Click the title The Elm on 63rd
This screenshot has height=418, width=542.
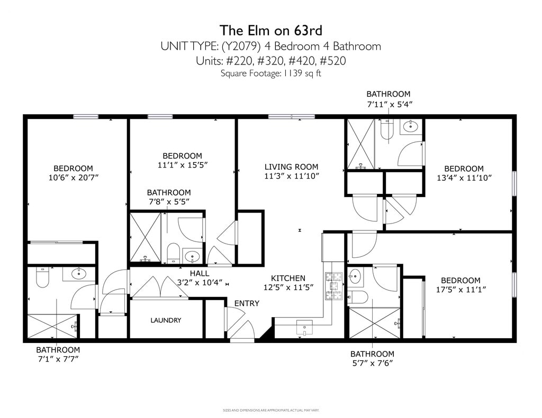270,30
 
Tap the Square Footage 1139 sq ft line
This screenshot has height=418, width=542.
271,73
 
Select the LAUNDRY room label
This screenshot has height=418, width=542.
166,320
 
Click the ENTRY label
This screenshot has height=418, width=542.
247,303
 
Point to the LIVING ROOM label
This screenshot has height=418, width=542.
292,166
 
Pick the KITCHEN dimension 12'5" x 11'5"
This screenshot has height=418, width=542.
288,287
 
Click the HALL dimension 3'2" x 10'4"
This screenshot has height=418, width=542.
200,282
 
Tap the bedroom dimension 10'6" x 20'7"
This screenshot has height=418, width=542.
74,178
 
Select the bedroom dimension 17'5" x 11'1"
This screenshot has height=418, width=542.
461,290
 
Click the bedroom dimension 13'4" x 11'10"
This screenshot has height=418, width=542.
464,178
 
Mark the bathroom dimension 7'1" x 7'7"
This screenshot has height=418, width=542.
58,359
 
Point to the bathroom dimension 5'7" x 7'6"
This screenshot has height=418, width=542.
372,363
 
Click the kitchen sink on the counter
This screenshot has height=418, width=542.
304,328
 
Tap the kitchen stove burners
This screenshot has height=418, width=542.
333,286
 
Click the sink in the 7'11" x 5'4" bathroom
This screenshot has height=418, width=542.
410,127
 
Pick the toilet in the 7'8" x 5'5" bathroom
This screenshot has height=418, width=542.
173,253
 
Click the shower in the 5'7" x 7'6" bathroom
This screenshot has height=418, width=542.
375,323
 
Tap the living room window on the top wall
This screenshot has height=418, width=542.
292,117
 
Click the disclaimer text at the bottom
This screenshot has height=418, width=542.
271,411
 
